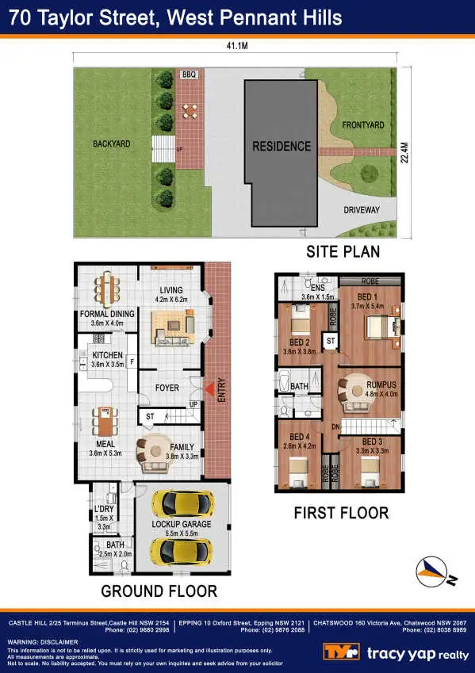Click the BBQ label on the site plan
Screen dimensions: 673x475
tap(189, 75)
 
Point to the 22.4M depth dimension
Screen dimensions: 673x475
tap(405, 152)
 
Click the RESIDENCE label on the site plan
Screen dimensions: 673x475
tap(282, 146)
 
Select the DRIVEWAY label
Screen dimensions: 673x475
tap(362, 210)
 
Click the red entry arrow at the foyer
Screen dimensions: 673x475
tap(209, 388)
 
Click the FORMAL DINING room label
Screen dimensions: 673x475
tap(107, 314)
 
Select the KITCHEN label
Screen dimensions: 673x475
tap(107, 355)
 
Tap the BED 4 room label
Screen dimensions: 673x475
tap(299, 437)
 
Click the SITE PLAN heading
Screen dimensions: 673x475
tap(343, 252)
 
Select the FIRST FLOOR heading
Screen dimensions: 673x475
tap(341, 513)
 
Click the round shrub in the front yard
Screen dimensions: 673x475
tap(367, 174)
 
